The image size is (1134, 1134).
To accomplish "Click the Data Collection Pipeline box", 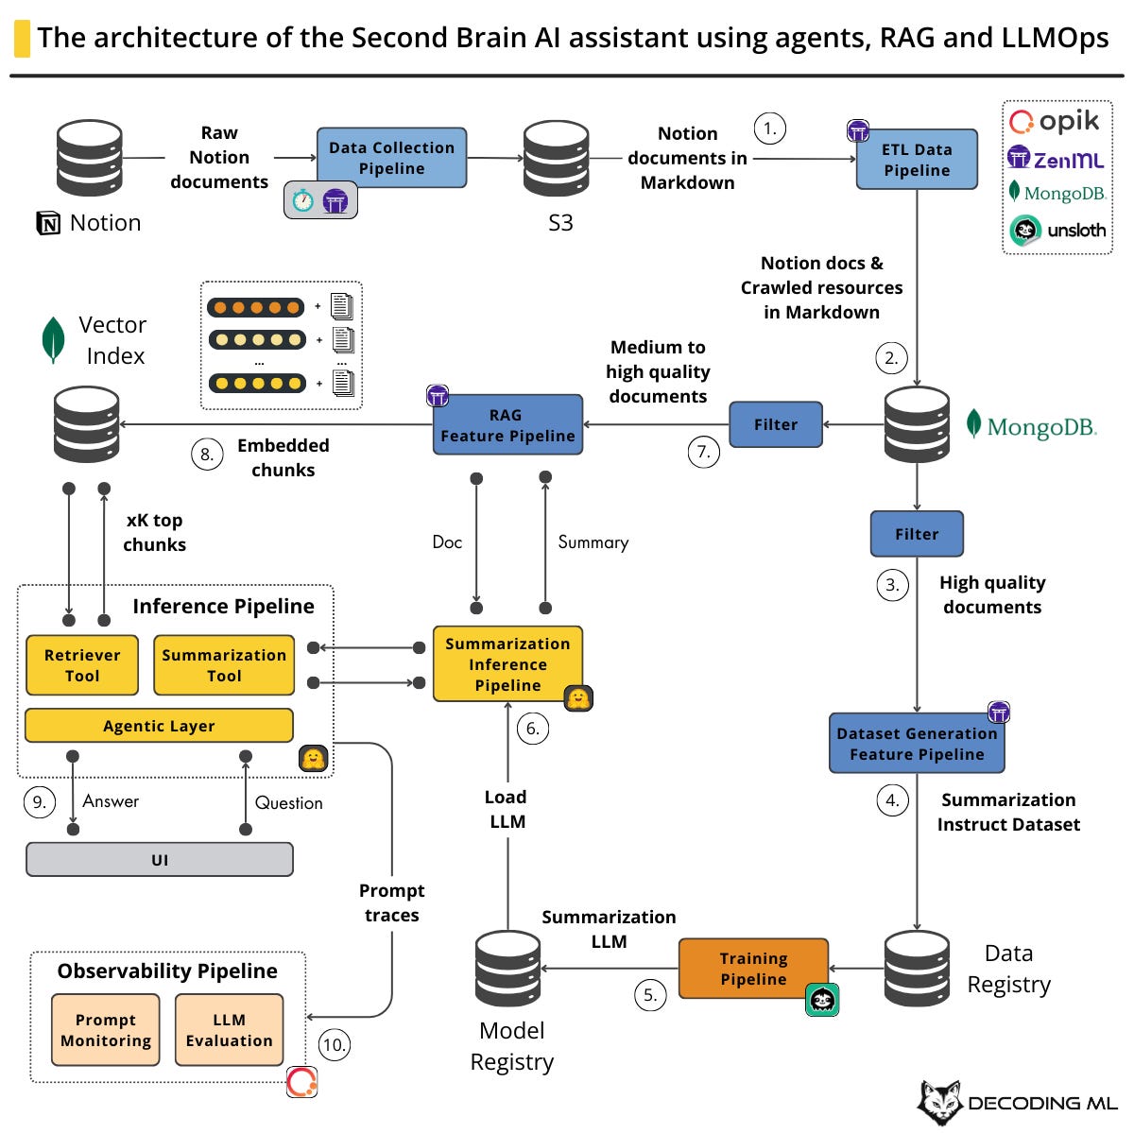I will [391, 158].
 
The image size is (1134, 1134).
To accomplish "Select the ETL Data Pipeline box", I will [916, 160].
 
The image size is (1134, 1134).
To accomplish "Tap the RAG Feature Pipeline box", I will [507, 425].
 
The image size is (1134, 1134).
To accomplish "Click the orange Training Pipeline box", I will [753, 969].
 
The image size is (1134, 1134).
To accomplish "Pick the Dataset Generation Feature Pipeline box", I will [916, 744].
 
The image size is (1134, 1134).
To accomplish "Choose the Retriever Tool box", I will [82, 665].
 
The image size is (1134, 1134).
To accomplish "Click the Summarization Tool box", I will [224, 665].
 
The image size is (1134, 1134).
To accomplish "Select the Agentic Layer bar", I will [159, 726].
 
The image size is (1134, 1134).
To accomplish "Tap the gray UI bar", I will [159, 860].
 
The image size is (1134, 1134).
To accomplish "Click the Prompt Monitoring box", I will [106, 1030].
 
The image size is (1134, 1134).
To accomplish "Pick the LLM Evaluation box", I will [229, 1030].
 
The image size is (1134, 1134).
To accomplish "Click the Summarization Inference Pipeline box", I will [507, 664].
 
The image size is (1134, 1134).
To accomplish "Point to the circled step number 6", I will [533, 729].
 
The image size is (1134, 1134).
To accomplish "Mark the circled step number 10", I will [334, 1044].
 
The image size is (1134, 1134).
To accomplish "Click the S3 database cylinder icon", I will [557, 158].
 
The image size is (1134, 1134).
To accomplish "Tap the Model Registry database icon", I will [508, 968].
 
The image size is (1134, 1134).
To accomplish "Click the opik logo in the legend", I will [1055, 122].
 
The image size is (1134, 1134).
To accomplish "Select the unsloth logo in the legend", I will [1057, 230].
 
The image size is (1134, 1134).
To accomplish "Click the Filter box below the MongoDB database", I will [916, 534].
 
